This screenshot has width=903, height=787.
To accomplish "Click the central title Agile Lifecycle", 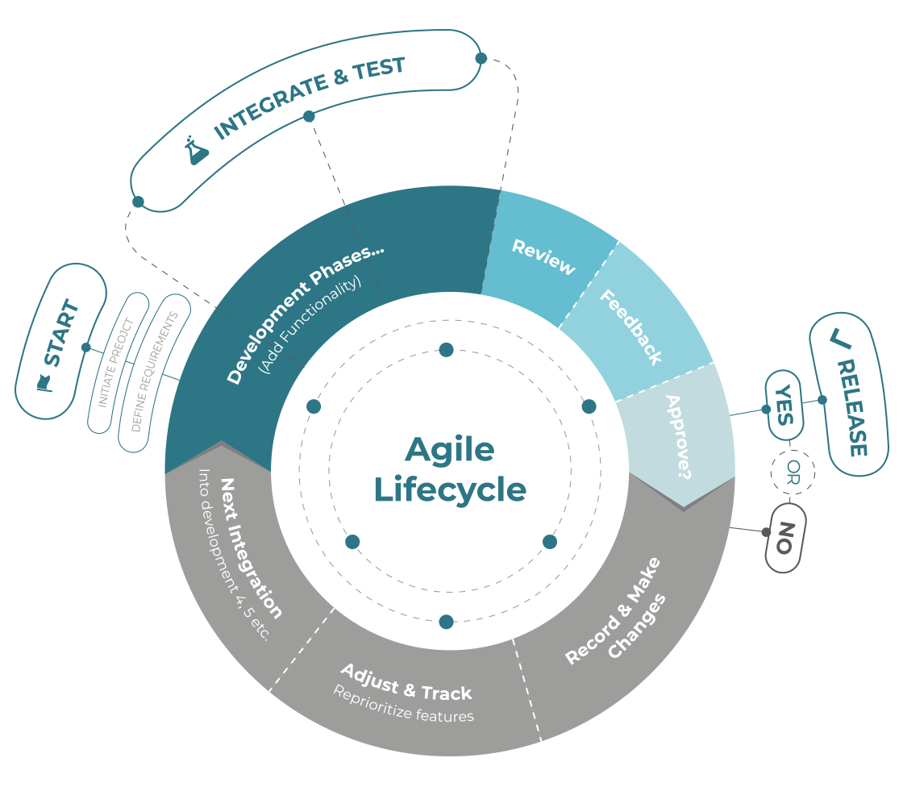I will point(450,469).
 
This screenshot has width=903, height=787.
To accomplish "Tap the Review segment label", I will point(543,257).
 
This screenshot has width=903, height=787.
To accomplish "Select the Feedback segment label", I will point(630,327).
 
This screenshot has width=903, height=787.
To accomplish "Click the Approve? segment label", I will point(677,437).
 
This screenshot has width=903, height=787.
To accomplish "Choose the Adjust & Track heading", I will point(406,682).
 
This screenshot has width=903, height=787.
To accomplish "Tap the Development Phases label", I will point(305,314).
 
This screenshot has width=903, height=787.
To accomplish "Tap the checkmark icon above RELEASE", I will point(840,341).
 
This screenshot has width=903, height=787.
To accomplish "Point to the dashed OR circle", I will point(793,470).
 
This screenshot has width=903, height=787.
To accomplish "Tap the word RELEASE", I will point(853,407).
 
